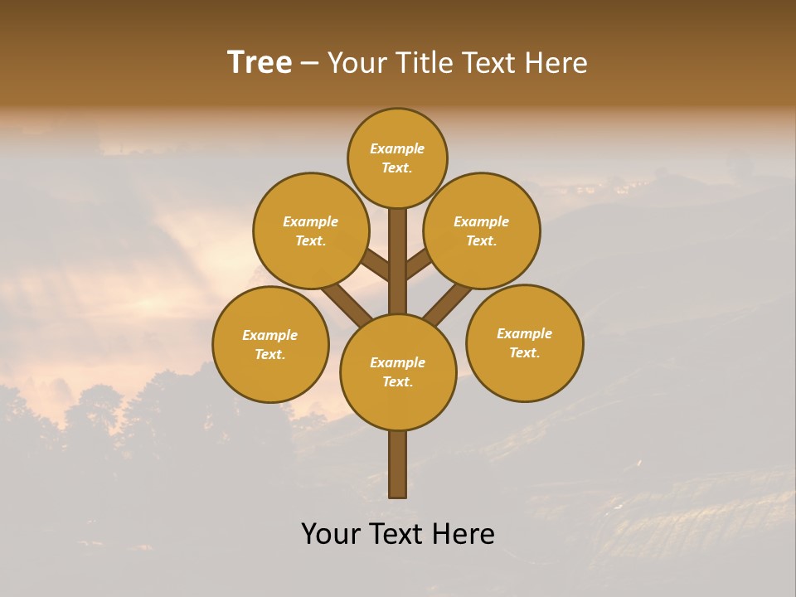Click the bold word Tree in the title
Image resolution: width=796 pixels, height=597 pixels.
coord(260,62)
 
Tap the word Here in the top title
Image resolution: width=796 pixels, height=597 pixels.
coord(558,62)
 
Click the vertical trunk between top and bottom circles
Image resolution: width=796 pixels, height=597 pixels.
coord(398,261)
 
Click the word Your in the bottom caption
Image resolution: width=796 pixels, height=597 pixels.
coord(329,533)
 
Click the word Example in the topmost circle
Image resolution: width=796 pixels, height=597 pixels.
coord(397,148)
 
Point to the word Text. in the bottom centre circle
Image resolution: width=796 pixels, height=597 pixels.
coord(397,381)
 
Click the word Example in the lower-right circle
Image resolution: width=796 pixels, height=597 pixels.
coord(524,333)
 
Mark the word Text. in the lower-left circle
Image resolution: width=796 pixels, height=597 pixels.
coord(269,354)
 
